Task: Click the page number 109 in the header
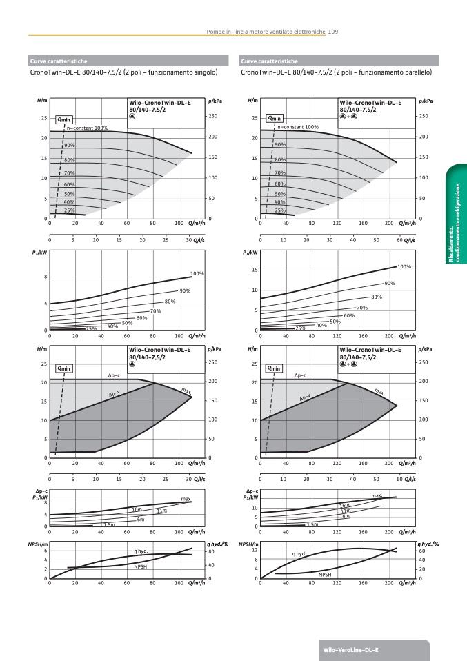click(x=332, y=31)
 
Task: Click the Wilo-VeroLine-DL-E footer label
click(x=351, y=651)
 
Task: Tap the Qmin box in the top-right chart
click(x=275, y=119)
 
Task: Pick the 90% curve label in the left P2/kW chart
click(x=184, y=291)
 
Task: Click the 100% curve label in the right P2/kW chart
click(x=404, y=266)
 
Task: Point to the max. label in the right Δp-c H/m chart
click(x=379, y=391)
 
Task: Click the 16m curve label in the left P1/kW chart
click(x=137, y=509)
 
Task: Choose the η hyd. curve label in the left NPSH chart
click(x=141, y=551)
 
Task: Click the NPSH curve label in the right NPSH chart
click(x=325, y=574)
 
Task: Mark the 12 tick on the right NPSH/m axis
click(x=255, y=550)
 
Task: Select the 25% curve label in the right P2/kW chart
click(x=300, y=328)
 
